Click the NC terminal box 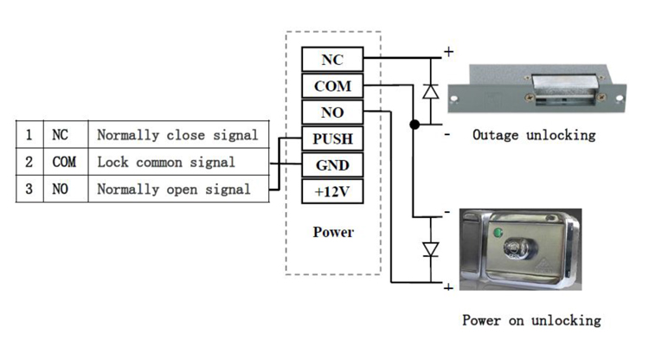click(331, 60)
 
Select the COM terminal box click(331, 87)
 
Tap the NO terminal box click(331, 112)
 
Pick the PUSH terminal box click(331, 138)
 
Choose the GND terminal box click(331, 164)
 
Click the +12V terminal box click(331, 190)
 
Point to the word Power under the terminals click(333, 232)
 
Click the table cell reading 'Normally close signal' click(177, 135)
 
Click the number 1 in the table click(29, 135)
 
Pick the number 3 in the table click(29, 189)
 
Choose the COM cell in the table click(64, 162)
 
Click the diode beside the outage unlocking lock click(430, 91)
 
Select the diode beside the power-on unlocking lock click(430, 249)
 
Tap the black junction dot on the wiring click(414, 125)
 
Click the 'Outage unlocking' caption click(533, 135)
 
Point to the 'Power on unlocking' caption click(530, 320)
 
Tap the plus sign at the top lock click(448, 52)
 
